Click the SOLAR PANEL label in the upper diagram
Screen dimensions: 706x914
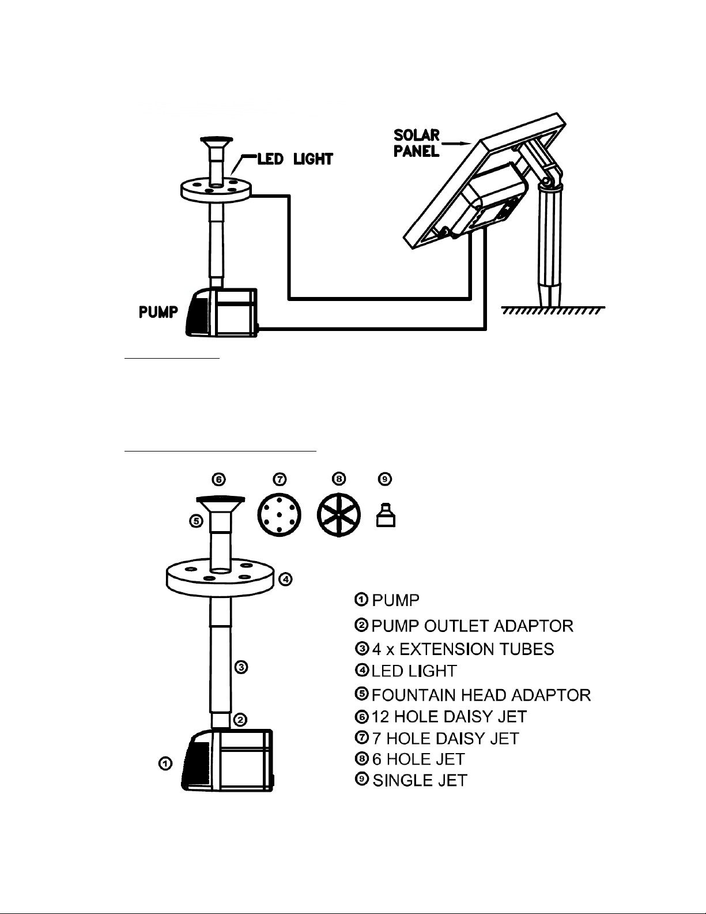pyautogui.click(x=417, y=143)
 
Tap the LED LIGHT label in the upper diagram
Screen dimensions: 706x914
pyautogui.click(x=295, y=159)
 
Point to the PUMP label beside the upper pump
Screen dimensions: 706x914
pyautogui.click(x=158, y=312)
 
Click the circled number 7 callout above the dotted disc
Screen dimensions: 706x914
pyautogui.click(x=280, y=479)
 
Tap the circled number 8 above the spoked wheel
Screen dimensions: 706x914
pyautogui.click(x=339, y=479)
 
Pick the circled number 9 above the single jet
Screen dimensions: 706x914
pyautogui.click(x=385, y=479)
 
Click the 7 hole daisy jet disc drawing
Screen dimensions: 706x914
pyautogui.click(x=280, y=515)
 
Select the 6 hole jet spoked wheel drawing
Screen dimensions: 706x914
pyautogui.click(x=339, y=515)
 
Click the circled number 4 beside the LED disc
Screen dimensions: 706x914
pyautogui.click(x=285, y=579)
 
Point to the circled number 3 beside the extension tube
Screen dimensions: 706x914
pyautogui.click(x=241, y=667)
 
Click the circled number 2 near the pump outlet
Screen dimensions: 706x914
pyautogui.click(x=240, y=719)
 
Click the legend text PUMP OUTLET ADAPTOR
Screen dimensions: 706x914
pyautogui.click(x=473, y=626)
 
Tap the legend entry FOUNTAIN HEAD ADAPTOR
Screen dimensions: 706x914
pyautogui.click(x=481, y=695)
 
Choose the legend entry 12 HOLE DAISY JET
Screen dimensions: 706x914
pyautogui.click(x=449, y=716)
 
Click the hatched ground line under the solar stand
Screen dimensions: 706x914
pyautogui.click(x=553, y=310)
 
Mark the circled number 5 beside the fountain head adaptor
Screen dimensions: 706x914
pyautogui.click(x=197, y=521)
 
